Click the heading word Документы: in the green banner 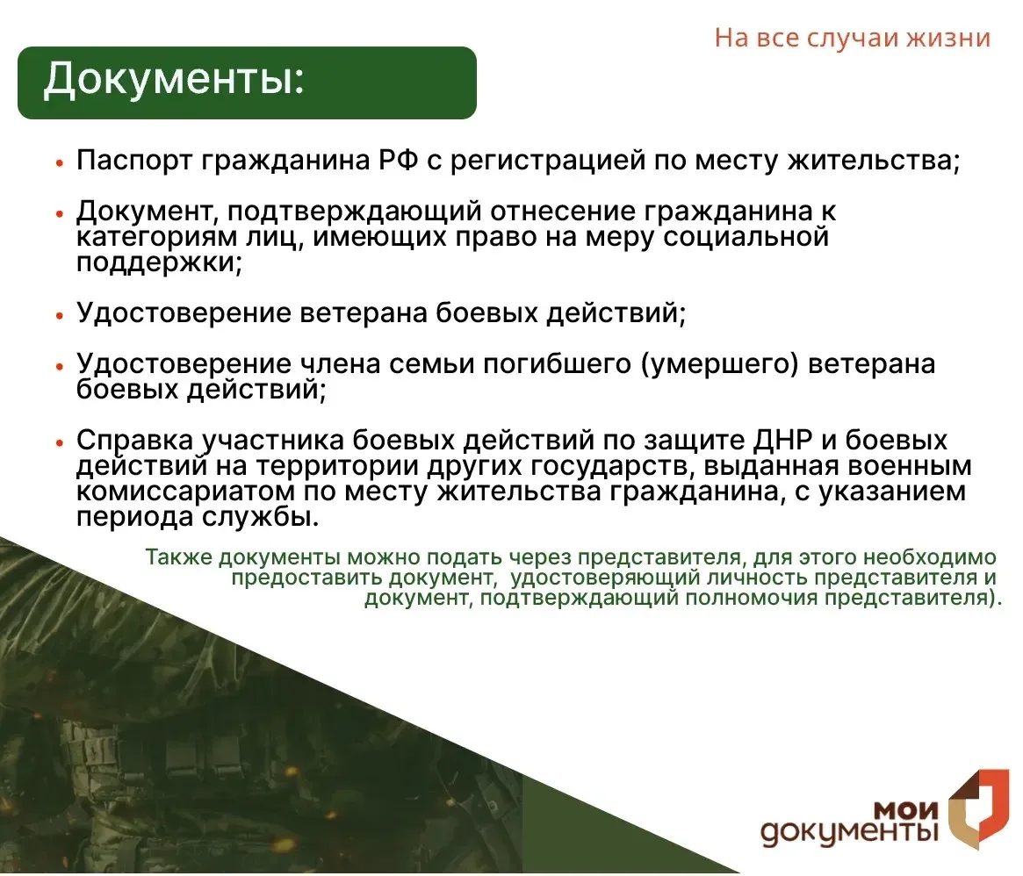pos(174,81)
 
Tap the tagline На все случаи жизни pos(852,38)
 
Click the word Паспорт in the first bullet pos(133,161)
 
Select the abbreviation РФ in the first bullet pos(398,160)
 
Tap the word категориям pos(156,237)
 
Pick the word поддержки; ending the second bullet pos(159,262)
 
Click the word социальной pos(746,237)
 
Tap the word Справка pos(134,441)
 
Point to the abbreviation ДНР pos(783,441)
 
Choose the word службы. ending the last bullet pos(260,518)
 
